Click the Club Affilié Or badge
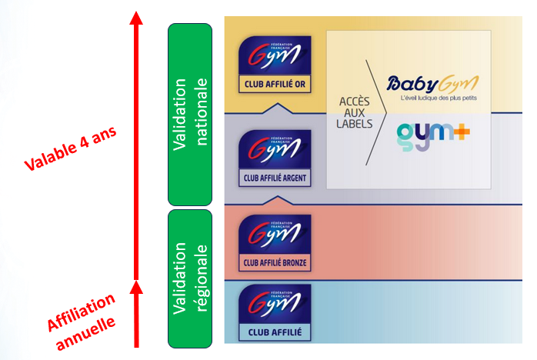275,63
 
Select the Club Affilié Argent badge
275,158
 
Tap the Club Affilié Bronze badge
275,242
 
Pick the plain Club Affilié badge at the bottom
275,312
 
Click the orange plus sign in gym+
462,131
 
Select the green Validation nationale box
190,114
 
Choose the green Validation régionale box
190,278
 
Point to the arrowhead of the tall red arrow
136,18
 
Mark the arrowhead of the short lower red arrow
136,288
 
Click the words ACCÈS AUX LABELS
355,112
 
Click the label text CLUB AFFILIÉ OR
275,86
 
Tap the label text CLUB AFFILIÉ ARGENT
275,179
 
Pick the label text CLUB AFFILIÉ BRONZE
275,263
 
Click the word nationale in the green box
202,114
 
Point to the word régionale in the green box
202,278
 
